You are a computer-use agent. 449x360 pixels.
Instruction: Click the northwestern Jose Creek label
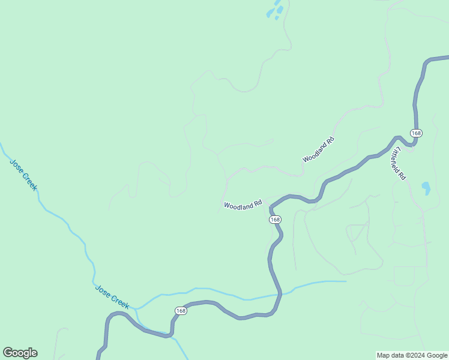point(23,175)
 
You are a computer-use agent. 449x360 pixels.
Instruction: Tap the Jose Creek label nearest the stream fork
point(112,296)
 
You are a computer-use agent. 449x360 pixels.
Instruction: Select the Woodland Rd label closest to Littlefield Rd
point(318,150)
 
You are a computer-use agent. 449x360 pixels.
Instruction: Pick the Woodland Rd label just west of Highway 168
point(243,205)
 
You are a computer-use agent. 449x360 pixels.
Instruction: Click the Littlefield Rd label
point(398,163)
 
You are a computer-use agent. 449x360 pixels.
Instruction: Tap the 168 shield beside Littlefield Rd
point(417,133)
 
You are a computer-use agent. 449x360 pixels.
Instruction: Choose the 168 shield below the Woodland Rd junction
point(275,220)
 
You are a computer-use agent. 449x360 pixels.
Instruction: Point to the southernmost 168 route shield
point(181,310)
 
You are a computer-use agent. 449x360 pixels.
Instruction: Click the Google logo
point(20,353)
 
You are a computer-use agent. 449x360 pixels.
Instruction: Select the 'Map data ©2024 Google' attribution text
point(412,355)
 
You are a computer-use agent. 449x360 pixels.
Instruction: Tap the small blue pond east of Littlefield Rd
point(426,188)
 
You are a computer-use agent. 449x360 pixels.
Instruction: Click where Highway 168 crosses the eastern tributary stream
point(280,294)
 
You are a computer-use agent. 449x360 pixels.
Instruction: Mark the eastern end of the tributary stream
point(346,281)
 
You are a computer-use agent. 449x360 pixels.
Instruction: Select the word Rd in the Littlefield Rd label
point(403,176)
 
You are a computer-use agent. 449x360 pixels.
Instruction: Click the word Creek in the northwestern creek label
point(29,181)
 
